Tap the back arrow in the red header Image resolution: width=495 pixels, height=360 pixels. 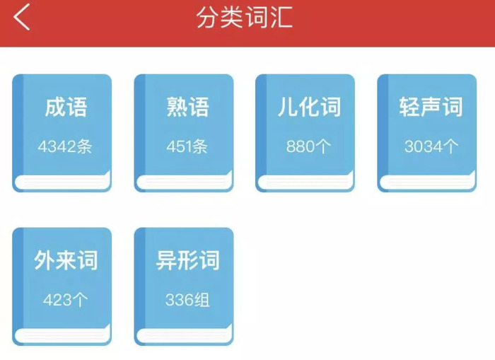tap(21, 17)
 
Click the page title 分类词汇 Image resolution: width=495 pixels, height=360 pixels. tap(245, 17)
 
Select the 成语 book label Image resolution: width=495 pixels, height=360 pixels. tap(66, 107)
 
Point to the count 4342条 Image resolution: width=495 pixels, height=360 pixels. tap(65, 146)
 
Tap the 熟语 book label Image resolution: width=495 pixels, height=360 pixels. tap(187, 107)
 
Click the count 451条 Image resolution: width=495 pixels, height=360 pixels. tap(187, 146)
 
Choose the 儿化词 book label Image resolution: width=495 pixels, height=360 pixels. tap(310, 107)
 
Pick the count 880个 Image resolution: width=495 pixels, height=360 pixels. tap(308, 146)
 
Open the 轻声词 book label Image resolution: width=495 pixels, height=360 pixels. tap(431, 107)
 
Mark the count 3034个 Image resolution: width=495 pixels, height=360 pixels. tap(431, 146)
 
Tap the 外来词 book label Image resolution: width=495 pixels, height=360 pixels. tap(66, 260)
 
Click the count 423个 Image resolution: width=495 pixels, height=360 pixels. tap(65, 300)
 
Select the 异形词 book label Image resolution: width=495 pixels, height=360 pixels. tap(187, 260)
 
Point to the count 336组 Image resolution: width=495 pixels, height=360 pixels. tap(187, 300)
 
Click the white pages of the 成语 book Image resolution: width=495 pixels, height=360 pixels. tap(62, 181)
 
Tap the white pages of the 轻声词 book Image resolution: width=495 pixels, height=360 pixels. tap(427, 181)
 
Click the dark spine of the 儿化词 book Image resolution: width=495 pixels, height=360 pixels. tap(262, 124)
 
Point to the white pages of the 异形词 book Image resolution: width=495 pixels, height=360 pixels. tap(185, 335)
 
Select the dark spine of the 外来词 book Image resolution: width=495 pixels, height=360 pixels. tap(18, 278)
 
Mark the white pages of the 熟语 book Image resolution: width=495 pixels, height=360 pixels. tap(185, 181)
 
